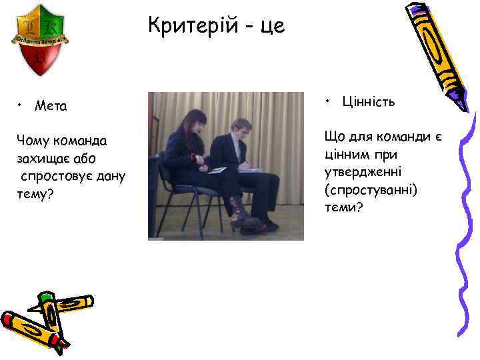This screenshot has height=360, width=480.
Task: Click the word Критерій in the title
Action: point(190,27)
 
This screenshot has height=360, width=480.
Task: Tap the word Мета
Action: point(51,105)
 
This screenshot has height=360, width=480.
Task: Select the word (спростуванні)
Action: point(371,190)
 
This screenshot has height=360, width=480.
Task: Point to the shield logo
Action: point(41,40)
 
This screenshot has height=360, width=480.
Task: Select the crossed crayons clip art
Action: point(47,320)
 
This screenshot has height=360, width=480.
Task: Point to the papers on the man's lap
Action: point(248,169)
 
